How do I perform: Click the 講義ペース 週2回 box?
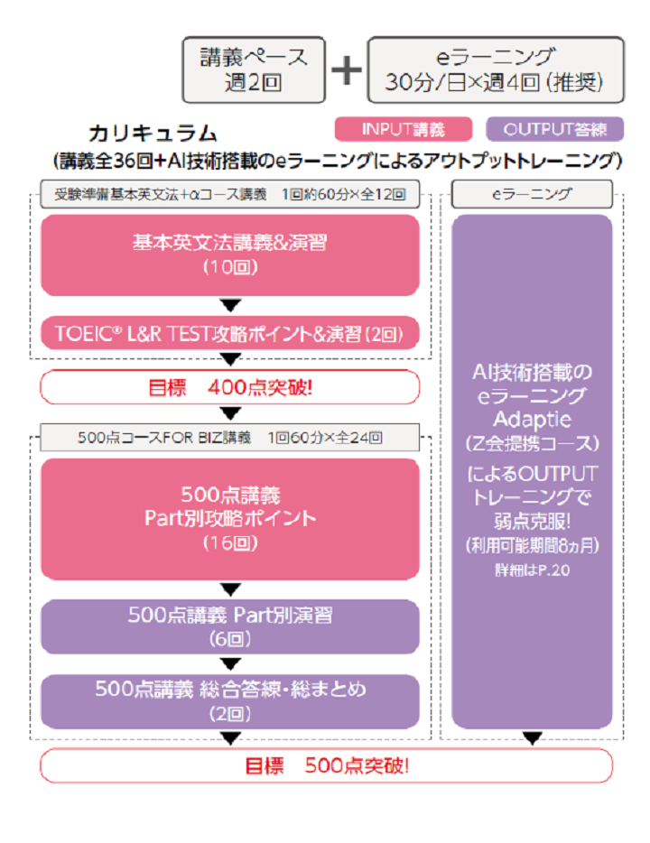[x=253, y=69]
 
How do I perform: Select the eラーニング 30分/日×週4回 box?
[x=495, y=69]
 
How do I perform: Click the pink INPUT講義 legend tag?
[x=404, y=129]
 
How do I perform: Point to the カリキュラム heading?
[x=153, y=134]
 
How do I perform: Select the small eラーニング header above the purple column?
[x=532, y=194]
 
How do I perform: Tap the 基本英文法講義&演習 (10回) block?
[x=230, y=254]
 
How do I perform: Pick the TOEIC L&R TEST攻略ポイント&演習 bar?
[x=230, y=334]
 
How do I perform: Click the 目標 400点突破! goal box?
[x=230, y=387]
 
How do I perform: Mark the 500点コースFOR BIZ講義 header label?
[x=230, y=439]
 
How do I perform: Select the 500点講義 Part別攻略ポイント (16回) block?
[x=230, y=518]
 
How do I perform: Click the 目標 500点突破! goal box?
[x=326, y=766]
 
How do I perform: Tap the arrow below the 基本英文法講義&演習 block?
[x=231, y=305]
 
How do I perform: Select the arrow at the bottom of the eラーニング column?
[x=532, y=739]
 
